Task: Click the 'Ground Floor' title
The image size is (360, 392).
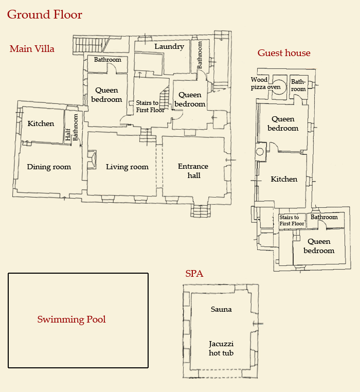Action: [45, 14]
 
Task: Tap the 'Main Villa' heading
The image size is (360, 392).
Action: [32, 49]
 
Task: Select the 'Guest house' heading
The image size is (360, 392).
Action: [284, 53]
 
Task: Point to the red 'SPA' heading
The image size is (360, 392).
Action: [194, 274]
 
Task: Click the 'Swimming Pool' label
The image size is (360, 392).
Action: [71, 319]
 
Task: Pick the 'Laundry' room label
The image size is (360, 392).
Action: [169, 47]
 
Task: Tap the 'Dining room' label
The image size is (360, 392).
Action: [49, 167]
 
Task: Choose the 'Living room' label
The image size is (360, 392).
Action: [127, 167]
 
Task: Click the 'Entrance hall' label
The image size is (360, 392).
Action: [193, 171]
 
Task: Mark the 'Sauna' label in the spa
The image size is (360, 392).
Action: [221, 309]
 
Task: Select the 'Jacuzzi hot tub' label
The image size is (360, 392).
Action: [221, 348]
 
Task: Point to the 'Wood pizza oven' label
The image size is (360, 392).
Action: [265, 83]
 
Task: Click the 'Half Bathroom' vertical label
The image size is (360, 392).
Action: [72, 128]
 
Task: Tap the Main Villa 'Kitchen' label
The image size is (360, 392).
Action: [41, 123]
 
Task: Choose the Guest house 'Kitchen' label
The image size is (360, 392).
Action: [284, 179]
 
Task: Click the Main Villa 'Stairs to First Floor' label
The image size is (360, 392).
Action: [150, 106]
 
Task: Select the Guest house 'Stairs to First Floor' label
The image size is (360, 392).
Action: [292, 221]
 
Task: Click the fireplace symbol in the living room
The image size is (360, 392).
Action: [93, 159]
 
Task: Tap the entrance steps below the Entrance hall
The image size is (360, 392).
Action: [201, 211]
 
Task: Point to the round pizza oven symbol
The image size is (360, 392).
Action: [280, 84]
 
